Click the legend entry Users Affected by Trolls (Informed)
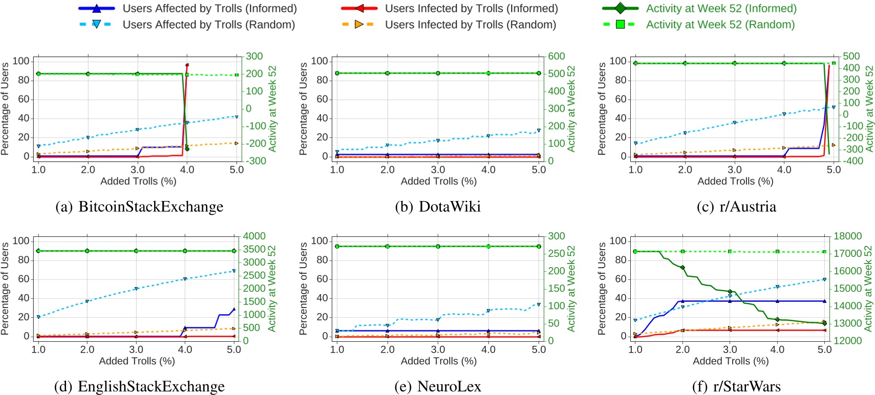209,8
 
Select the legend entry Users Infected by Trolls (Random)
470,24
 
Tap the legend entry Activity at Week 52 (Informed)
721,8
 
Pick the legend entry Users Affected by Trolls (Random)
208,24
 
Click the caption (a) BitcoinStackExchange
139,207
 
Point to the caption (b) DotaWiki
438,207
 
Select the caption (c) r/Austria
736,207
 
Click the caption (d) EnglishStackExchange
139,386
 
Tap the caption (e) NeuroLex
438,386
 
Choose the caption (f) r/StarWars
736,386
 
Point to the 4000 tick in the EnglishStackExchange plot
254,236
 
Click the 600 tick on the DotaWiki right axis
556,56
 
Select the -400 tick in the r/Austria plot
852,161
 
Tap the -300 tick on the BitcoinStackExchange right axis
255,161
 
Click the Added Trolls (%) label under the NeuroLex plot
438,361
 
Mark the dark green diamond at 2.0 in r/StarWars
682,268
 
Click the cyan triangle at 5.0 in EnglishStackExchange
234,271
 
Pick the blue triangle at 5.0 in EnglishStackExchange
234,309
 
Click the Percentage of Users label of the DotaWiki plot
304,108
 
